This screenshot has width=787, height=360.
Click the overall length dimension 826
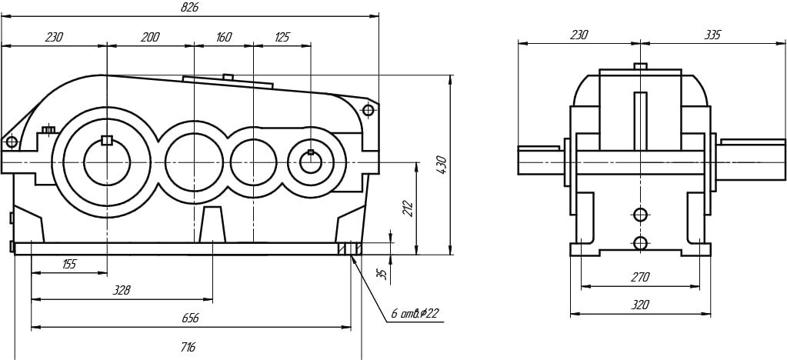189,7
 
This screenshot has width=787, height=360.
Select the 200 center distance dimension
150,37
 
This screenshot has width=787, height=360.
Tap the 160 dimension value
224,37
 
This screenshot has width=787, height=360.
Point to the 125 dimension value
282,37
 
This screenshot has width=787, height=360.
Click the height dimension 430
442,164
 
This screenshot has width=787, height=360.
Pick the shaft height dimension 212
408,209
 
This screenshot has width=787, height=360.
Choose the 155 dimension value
69,264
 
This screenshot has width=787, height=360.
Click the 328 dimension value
121,290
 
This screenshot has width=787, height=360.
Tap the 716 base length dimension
187,348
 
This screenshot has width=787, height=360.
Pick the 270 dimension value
640,277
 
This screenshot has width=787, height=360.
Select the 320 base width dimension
639,305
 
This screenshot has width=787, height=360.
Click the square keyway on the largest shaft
107,140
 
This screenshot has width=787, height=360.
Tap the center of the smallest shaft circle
311,162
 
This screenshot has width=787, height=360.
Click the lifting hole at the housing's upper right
368,110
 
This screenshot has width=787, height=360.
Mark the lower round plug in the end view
640,243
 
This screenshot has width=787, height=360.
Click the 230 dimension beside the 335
579,35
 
